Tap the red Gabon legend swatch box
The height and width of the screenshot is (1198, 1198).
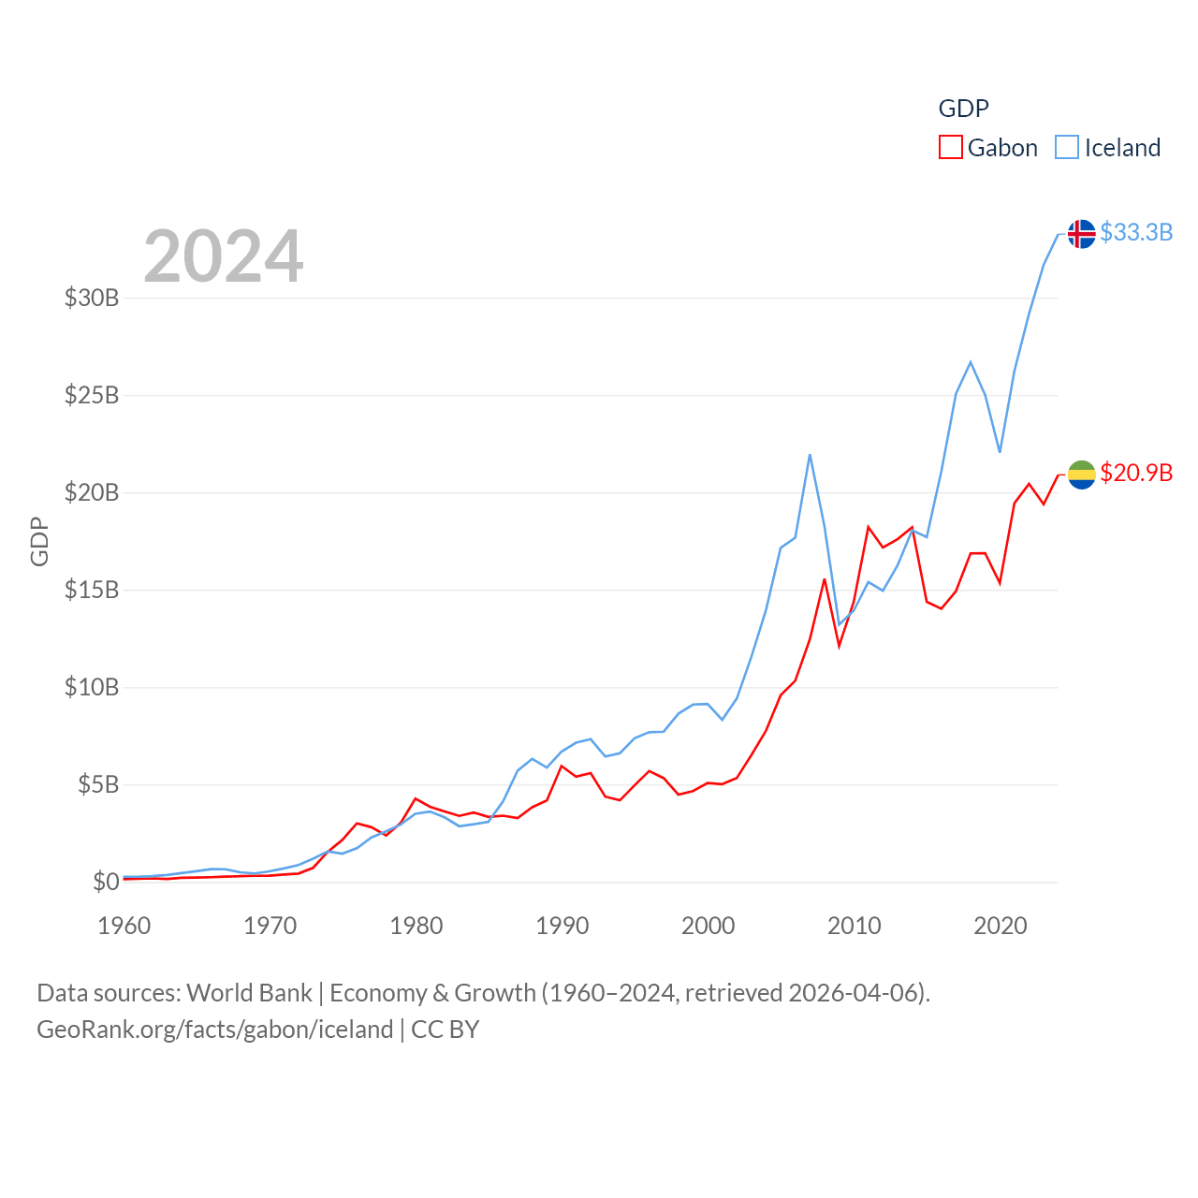pyautogui.click(x=950, y=148)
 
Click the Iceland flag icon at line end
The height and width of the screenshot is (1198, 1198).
pyautogui.click(x=1081, y=233)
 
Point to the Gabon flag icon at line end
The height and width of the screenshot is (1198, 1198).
pyautogui.click(x=1081, y=475)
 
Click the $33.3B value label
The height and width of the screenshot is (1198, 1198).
pyautogui.click(x=1136, y=232)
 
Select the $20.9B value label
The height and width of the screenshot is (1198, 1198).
pyautogui.click(x=1136, y=473)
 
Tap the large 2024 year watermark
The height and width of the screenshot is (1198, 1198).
pyautogui.click(x=224, y=256)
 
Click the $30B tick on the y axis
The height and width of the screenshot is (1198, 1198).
pyautogui.click(x=92, y=298)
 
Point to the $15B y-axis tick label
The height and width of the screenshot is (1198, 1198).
pyautogui.click(x=92, y=590)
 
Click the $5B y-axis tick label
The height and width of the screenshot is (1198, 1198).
pyautogui.click(x=98, y=784)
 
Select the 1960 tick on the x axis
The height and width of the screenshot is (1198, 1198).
pyautogui.click(x=124, y=926)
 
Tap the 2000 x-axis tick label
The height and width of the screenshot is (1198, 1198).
pyautogui.click(x=709, y=926)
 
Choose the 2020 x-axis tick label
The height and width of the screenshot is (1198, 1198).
pyautogui.click(x=1001, y=926)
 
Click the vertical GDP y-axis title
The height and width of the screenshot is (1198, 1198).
pyautogui.click(x=39, y=541)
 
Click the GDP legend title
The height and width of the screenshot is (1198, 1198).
pyautogui.click(x=963, y=109)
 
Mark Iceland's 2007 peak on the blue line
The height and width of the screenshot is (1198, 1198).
pyautogui.click(x=810, y=455)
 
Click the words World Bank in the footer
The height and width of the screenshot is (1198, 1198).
pyautogui.click(x=249, y=992)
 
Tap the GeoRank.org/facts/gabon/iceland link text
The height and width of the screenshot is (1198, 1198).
pyautogui.click(x=215, y=1030)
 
